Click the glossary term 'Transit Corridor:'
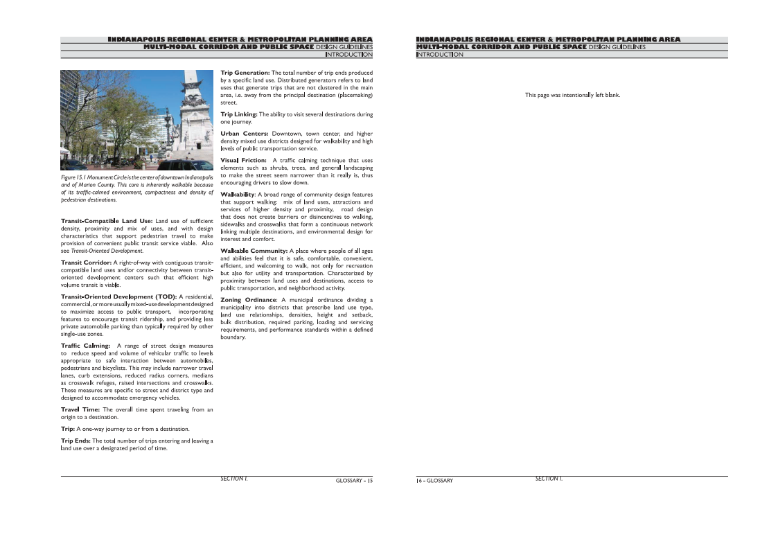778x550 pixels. pos(86,263)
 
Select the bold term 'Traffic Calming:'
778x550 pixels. pos(85,345)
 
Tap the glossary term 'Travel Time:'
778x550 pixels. pos(81,409)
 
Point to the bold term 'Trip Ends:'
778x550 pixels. pos(76,441)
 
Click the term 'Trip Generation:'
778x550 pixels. pos(245,73)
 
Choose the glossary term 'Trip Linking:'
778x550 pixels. pos(239,114)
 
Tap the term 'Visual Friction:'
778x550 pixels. pos(243,161)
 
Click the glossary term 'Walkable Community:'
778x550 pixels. pos(254,251)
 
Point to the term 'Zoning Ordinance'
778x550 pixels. pos(247,300)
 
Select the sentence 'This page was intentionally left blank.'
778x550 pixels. pos(572,95)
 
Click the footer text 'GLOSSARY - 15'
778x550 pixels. pos(354,480)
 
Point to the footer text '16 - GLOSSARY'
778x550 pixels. pos(434,480)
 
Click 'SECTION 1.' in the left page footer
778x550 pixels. pos(234,478)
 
